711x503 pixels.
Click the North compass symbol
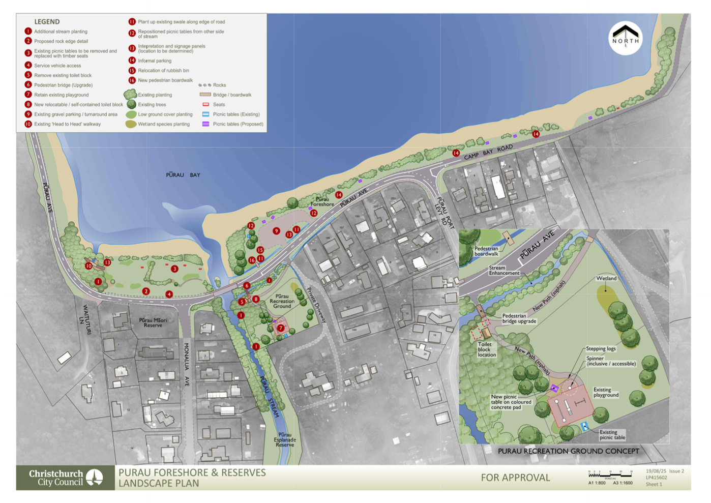click(625, 38)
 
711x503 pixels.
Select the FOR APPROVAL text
click(515, 478)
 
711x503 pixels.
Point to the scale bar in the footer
click(610, 475)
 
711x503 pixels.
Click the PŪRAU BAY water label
click(183, 175)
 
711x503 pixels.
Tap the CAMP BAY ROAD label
click(488, 152)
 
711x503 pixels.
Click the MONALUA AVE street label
click(187, 364)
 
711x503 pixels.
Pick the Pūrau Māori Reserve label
click(153, 322)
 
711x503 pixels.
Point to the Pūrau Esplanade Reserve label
click(285, 440)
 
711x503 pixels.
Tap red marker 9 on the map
click(276, 231)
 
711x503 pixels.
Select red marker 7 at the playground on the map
click(280, 328)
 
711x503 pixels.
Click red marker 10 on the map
click(89, 265)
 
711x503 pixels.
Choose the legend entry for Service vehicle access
click(57, 66)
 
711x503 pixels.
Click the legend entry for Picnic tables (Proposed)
click(238, 124)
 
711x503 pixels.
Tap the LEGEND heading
click(47, 22)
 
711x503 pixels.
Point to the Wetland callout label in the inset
click(606, 278)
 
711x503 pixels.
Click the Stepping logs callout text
click(601, 348)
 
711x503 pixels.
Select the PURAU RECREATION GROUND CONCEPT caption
click(568, 451)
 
